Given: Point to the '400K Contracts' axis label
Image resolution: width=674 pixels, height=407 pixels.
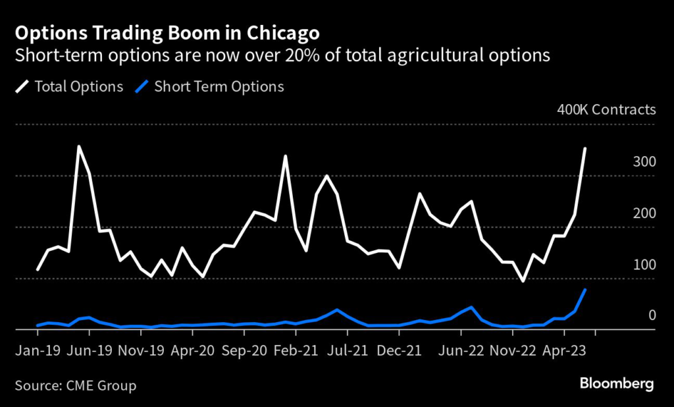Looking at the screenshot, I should click(x=606, y=109).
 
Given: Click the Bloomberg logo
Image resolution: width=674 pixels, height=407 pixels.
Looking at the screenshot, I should click(x=617, y=383).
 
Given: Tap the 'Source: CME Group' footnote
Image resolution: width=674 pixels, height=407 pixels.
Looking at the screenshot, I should click(x=75, y=385).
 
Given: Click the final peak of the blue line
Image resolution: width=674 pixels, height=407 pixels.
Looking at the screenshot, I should click(x=585, y=290).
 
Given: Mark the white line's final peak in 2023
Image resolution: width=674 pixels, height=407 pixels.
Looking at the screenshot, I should click(x=585, y=149).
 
